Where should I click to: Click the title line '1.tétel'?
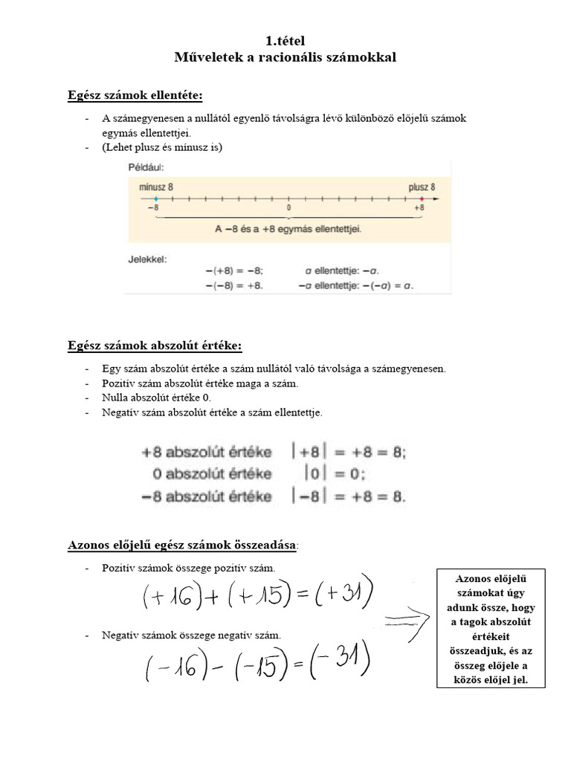(285, 41)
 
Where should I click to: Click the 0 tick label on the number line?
(288, 209)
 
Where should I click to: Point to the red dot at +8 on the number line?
(422, 199)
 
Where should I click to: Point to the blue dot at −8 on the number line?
(155, 199)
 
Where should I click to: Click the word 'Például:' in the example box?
(146, 169)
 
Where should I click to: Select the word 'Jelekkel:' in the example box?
(148, 259)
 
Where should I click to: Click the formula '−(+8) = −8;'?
(234, 271)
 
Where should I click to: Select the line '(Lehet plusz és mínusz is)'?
(162, 146)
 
